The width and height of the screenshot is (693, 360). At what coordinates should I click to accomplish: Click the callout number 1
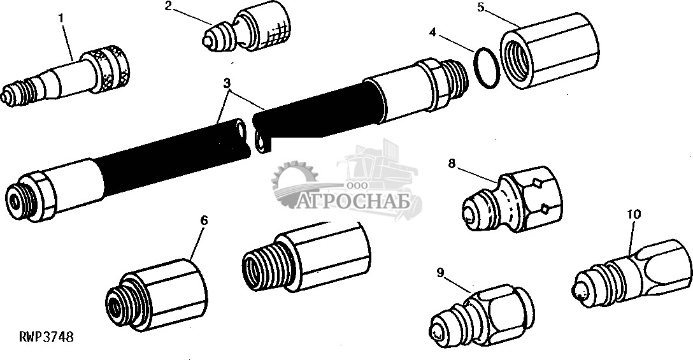61,18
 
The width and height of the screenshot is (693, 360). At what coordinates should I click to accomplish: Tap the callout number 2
168,6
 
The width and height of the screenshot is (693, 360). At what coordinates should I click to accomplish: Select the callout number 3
227,83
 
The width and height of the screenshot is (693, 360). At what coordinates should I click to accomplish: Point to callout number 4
432,32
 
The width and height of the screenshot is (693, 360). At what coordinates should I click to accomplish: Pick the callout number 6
204,220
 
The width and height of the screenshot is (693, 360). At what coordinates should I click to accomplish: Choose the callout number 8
451,164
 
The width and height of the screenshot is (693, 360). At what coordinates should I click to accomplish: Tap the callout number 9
440,273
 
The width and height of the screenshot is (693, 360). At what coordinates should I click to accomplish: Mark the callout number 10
634,215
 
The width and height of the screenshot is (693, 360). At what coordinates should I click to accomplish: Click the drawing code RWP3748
46,337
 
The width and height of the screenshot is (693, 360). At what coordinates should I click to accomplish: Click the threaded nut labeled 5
549,50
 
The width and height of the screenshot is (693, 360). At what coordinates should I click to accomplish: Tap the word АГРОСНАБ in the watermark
352,202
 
